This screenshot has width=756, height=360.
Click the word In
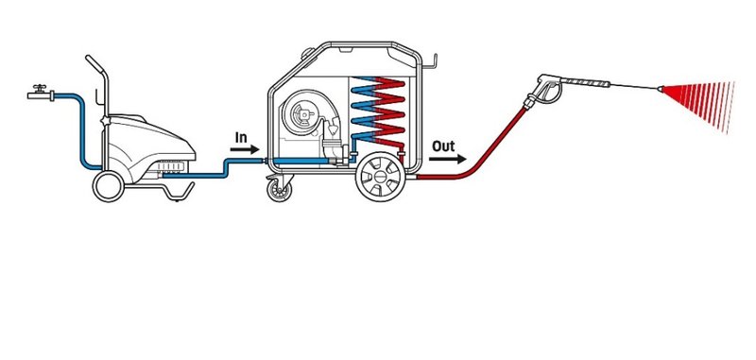(x=241, y=138)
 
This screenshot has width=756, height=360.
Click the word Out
(x=443, y=146)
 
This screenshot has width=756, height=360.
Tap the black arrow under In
(x=245, y=149)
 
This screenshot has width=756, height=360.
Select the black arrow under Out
(x=447, y=159)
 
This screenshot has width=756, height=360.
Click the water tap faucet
(x=41, y=93)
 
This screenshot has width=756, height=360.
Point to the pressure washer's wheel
(x=109, y=186)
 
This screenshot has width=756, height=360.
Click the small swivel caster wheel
(x=280, y=189)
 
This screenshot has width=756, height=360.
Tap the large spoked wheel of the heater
(x=381, y=177)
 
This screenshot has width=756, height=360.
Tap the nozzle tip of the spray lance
(x=659, y=88)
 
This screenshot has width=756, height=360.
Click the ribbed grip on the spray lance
(x=585, y=82)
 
